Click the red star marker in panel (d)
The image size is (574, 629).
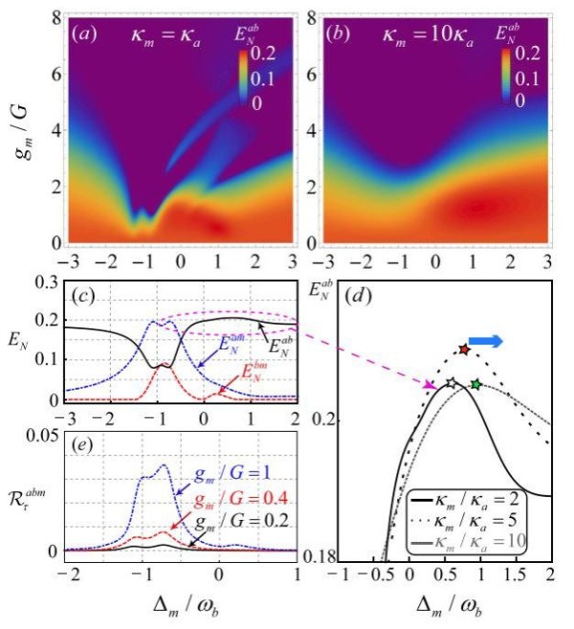pyautogui.click(x=464, y=350)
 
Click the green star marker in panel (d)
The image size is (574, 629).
pyautogui.click(x=476, y=385)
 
